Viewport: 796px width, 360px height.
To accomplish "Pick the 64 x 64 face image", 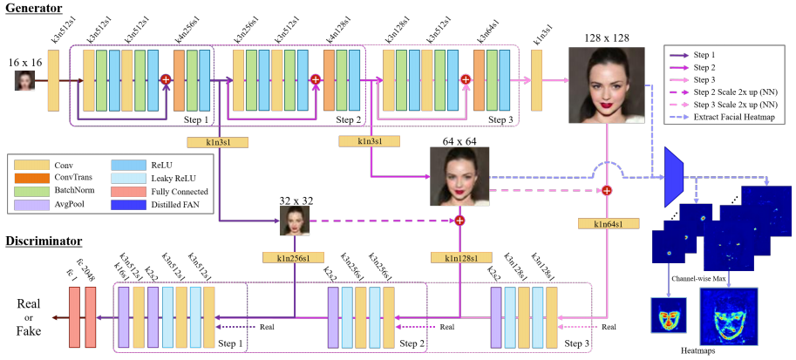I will (459, 176).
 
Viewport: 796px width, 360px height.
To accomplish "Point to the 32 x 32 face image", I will (295, 221).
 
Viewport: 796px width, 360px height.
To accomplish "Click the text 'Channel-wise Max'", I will (698, 278).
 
